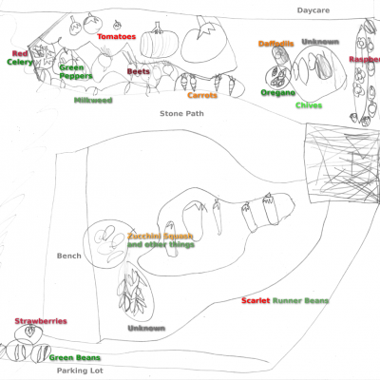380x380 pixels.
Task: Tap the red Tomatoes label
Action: click(117, 37)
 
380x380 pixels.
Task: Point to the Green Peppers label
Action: click(76, 72)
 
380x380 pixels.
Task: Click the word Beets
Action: click(138, 70)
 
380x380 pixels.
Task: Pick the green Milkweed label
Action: click(93, 99)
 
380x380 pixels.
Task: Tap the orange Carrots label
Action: click(202, 95)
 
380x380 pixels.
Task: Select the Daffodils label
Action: click(276, 44)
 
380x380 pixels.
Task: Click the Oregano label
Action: click(277, 93)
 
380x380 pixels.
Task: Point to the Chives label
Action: click(309, 105)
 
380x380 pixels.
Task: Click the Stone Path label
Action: click(181, 113)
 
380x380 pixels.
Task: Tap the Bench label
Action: click(69, 256)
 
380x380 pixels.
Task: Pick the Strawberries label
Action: click(41, 321)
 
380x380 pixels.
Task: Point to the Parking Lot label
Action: click(78, 371)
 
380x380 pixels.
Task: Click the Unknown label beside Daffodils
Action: click(319, 42)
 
